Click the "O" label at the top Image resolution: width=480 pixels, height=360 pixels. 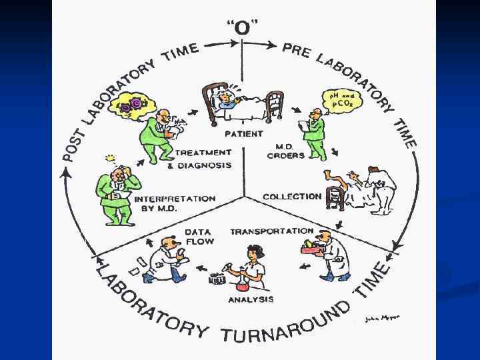(x=243, y=28)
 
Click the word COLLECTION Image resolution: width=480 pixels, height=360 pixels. (x=292, y=197)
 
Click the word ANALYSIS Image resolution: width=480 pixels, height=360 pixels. (x=251, y=299)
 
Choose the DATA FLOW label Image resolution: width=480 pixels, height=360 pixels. (x=200, y=236)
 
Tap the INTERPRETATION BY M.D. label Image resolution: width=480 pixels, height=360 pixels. (x=175, y=203)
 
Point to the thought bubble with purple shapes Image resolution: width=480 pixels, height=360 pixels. (x=136, y=104)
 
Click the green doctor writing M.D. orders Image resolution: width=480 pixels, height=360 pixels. (x=313, y=133)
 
